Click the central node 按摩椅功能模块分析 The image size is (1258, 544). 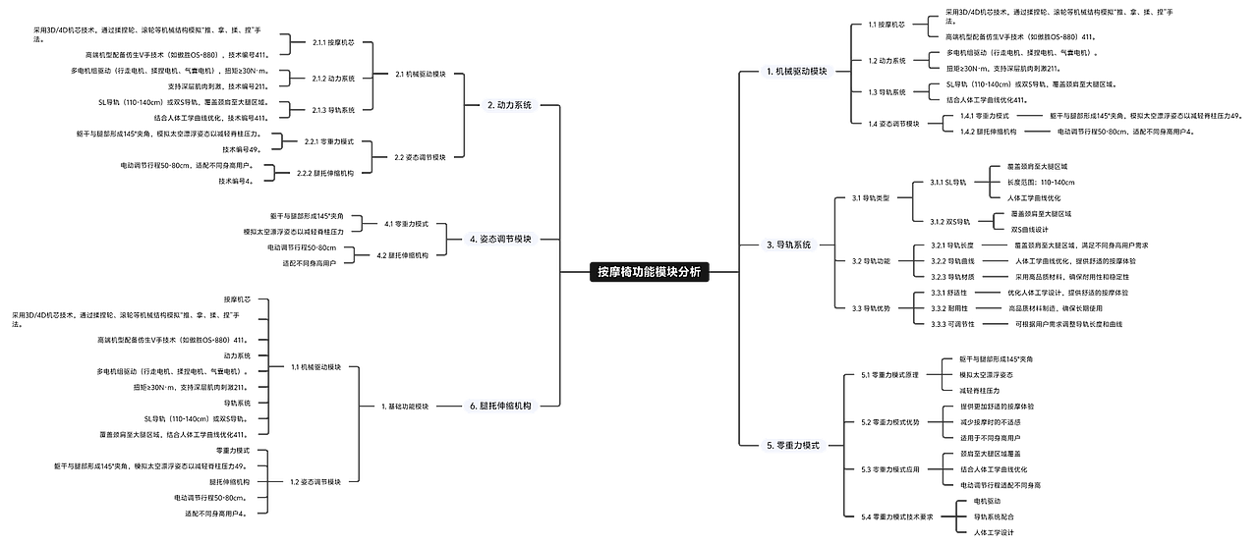click(x=649, y=272)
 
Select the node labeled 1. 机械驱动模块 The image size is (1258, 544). click(x=797, y=72)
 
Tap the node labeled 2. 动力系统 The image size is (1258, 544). click(x=509, y=104)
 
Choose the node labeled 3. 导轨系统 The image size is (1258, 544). click(x=788, y=245)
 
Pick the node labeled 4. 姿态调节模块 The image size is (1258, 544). click(x=500, y=239)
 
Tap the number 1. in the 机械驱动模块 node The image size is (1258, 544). click(x=770, y=72)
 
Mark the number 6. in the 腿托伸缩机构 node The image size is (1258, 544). click(x=473, y=405)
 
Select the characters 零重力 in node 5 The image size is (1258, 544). click(x=789, y=446)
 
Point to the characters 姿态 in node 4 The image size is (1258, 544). click(x=487, y=239)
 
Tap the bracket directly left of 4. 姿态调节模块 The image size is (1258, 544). click(x=444, y=239)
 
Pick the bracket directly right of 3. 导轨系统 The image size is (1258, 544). click(x=836, y=251)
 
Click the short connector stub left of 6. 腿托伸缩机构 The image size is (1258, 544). click(x=445, y=405)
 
